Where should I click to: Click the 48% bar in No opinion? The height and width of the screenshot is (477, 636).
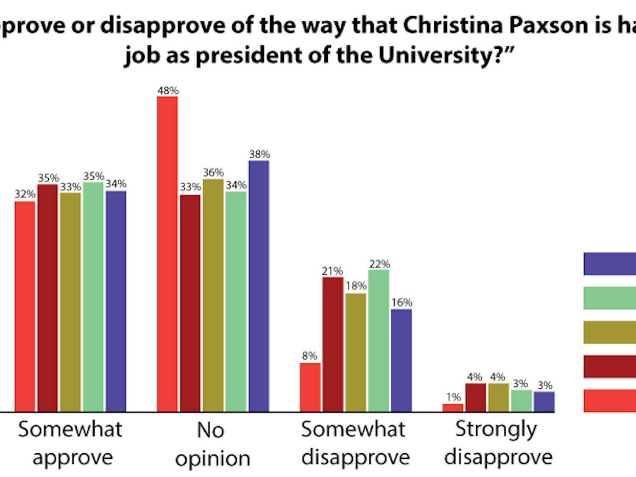pos(167,254)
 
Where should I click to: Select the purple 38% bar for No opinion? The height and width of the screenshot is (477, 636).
pos(259,286)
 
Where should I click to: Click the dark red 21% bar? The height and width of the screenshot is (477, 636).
pos(333,344)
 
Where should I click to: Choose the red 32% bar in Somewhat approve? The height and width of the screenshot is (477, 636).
pos(25,306)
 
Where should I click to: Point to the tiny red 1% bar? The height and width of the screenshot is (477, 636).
pos(453,407)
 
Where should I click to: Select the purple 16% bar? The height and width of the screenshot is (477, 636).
pos(401,360)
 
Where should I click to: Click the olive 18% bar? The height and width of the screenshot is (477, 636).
pos(356,352)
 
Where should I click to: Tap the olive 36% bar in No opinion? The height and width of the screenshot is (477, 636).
pos(213,296)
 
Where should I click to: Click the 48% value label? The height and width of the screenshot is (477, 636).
pos(168,91)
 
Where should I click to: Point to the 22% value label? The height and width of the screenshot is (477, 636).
pos(379,264)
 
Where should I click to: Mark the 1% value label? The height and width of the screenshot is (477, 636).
pos(453,397)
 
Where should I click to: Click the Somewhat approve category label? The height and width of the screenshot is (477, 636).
pos(71,443)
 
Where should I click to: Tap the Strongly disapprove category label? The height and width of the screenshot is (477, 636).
pos(498,443)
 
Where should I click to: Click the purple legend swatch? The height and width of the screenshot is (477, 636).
pos(610,264)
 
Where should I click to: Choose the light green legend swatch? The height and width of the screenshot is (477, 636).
pos(610,298)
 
